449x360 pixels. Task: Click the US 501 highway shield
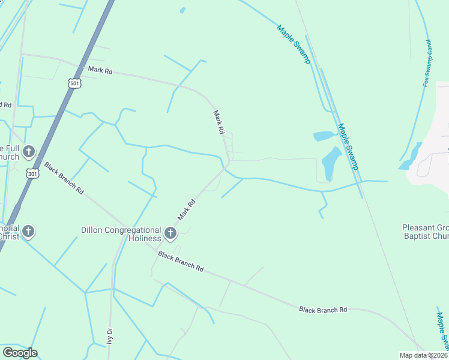tap(74, 83)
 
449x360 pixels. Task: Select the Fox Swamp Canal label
tap(427, 63)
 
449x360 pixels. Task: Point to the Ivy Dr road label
tap(109, 335)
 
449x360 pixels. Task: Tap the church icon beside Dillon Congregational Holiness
tap(170, 233)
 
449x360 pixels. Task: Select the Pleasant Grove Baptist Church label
tap(426, 232)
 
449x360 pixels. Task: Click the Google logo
tap(20, 353)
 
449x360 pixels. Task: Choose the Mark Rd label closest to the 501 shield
tap(100, 70)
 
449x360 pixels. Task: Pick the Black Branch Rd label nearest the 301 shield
tap(64, 178)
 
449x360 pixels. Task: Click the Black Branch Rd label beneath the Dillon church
tap(181, 262)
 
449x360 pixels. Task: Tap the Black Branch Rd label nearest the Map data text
tap(323, 310)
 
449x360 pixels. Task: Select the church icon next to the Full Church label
tap(29, 152)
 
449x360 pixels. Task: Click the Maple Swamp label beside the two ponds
tap(348, 146)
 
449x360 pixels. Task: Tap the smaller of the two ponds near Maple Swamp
tap(324, 136)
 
